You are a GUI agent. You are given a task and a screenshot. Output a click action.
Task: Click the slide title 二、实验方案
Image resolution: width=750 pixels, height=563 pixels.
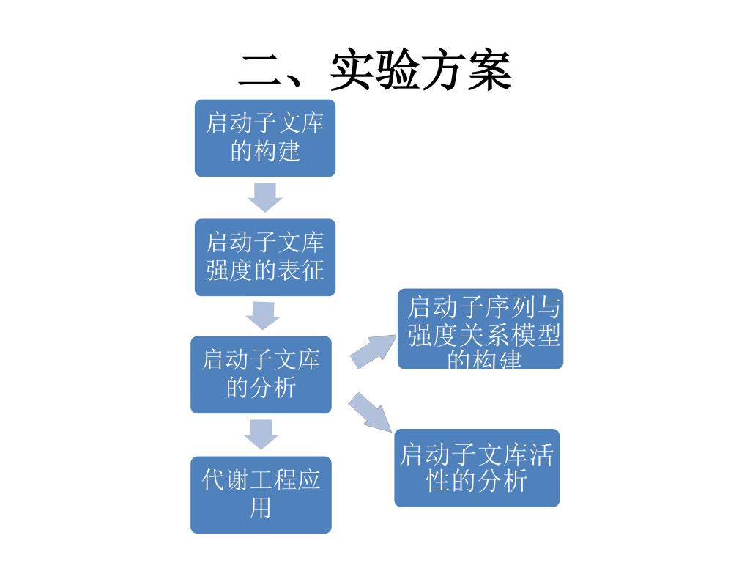click(375, 71)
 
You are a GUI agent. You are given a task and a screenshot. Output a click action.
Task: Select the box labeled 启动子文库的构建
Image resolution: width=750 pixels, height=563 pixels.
click(265, 138)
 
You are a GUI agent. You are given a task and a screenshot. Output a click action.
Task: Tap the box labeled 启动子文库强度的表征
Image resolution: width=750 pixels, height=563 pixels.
click(265, 257)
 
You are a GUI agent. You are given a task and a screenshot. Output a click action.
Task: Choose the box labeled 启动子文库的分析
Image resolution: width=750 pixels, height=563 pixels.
click(261, 375)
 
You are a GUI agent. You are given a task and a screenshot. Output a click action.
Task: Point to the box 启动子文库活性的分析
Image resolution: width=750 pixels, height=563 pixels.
click(477, 468)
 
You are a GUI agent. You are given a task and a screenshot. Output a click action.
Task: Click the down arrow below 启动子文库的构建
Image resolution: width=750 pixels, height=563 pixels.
click(264, 196)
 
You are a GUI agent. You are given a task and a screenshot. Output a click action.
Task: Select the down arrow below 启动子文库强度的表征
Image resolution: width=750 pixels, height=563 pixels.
click(263, 315)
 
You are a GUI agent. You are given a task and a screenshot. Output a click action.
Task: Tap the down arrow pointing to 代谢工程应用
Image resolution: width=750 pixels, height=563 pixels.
click(261, 434)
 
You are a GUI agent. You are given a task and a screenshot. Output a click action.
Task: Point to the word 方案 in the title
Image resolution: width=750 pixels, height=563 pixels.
click(467, 71)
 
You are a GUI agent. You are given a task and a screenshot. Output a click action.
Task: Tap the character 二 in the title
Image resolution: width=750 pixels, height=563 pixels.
click(262, 71)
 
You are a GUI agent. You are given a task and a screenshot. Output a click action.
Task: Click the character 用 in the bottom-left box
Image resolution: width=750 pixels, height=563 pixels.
click(261, 508)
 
